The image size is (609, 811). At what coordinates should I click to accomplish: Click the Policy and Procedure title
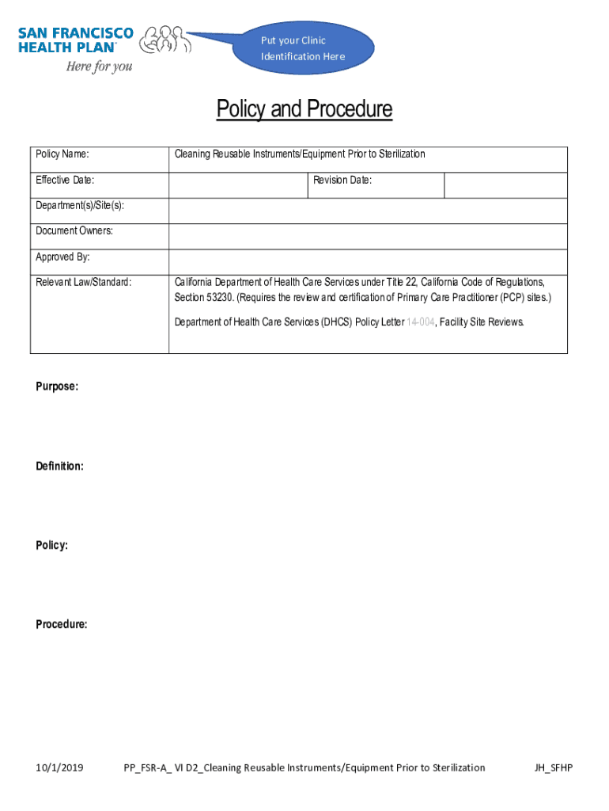click(x=304, y=109)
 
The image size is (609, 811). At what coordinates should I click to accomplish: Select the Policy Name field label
click(x=62, y=154)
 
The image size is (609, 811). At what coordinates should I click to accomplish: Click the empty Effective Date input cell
click(x=237, y=185)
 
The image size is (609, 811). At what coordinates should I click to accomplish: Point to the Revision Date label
click(x=342, y=181)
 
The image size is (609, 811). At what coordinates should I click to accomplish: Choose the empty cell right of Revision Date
click(x=505, y=185)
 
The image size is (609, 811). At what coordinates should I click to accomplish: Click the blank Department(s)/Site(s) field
click(x=368, y=211)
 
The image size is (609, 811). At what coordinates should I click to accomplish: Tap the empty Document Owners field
click(x=368, y=236)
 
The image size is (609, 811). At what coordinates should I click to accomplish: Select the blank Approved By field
click(x=368, y=261)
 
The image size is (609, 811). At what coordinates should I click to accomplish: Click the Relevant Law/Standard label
click(x=84, y=282)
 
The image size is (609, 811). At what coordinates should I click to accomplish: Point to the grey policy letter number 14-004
click(x=420, y=322)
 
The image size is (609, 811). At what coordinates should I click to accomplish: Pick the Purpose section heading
click(x=57, y=386)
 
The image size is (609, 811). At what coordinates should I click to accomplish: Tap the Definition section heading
click(x=60, y=466)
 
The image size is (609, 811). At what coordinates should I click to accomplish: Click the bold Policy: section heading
click(x=51, y=546)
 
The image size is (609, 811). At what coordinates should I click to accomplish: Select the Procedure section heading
click(x=62, y=625)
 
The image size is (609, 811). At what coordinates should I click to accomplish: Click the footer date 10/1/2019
click(x=60, y=767)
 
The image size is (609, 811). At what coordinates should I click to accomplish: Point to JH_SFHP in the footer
click(x=554, y=767)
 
